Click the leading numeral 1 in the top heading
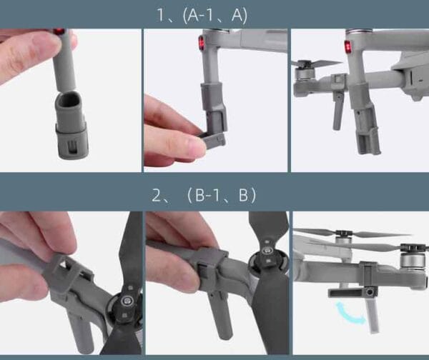(x=161, y=15)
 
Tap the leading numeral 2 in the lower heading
(x=157, y=195)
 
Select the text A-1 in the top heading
(x=200, y=15)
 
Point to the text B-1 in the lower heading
(x=207, y=195)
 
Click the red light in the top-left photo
(x=59, y=31)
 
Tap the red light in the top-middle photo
(x=202, y=43)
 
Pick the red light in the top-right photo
(x=347, y=46)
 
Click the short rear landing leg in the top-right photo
(x=337, y=110)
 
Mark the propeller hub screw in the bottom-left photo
(x=126, y=301)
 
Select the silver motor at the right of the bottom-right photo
(x=409, y=260)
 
